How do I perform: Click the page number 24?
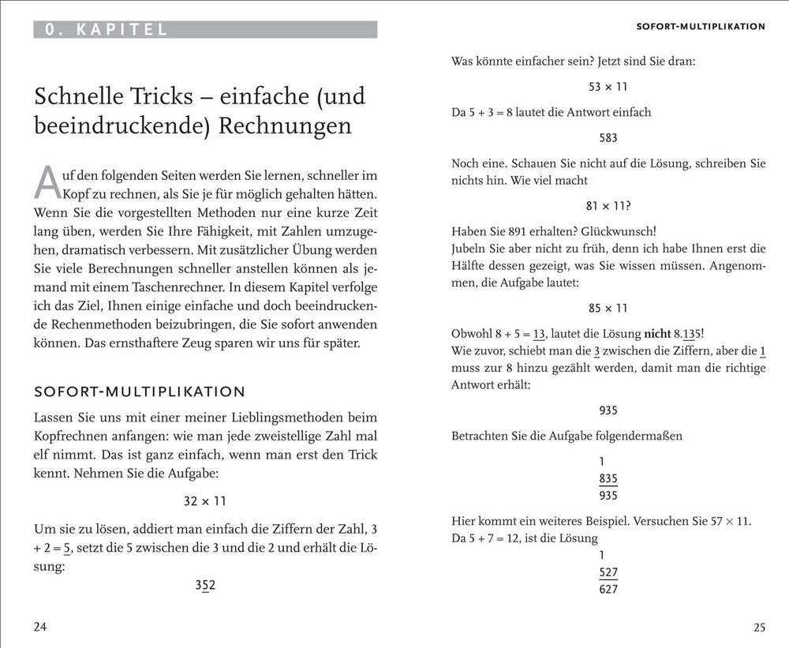41,627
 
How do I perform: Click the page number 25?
759,627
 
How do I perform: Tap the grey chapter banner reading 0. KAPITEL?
205,30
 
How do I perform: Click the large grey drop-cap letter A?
48,182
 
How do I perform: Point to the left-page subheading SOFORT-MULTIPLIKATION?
140,391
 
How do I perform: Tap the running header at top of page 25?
701,26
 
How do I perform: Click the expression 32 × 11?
205,501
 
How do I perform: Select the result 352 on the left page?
205,585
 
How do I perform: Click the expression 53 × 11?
608,87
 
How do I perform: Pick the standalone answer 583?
608,137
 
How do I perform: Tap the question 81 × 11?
608,205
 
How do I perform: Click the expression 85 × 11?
608,308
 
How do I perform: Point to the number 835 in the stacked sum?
608,478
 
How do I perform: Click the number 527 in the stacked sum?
608,571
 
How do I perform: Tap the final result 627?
608,589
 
